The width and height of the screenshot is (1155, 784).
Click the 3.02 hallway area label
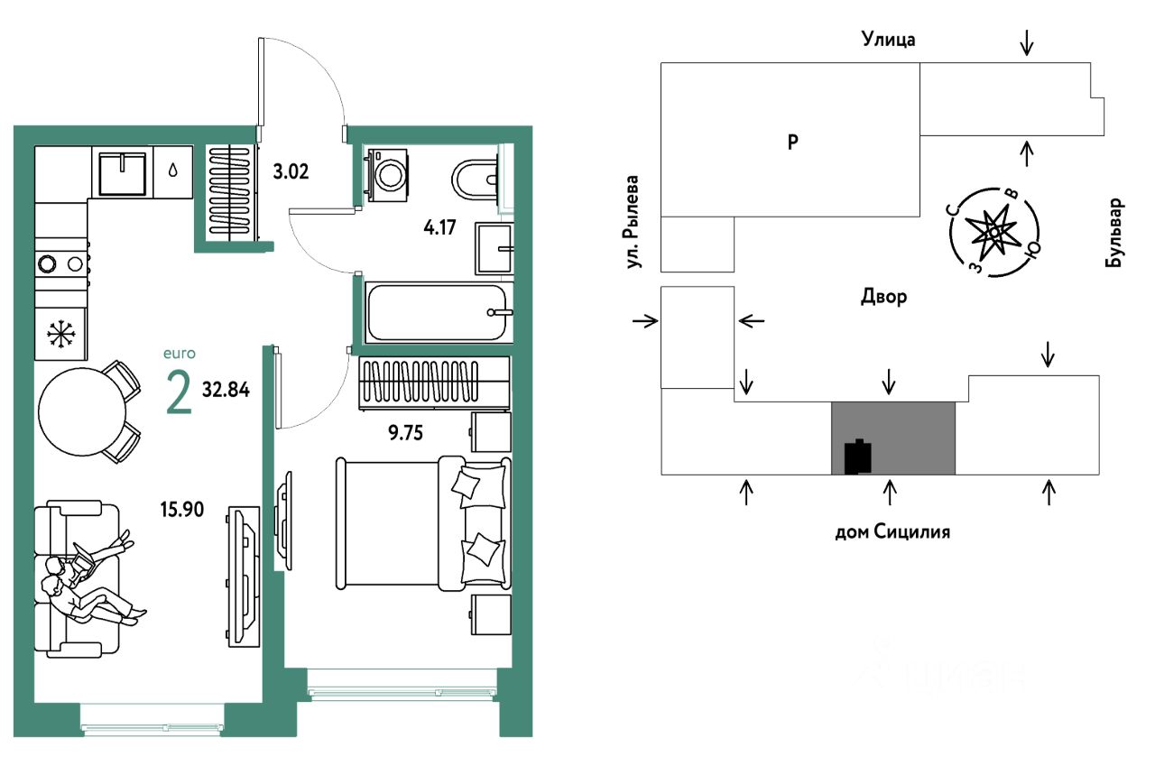click(291, 171)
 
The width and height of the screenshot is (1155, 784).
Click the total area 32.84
click(226, 392)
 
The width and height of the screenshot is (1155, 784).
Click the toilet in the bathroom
click(475, 180)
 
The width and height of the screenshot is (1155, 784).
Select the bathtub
click(438, 312)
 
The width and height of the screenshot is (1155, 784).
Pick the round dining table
click(83, 412)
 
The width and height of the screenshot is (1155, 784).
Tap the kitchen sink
click(122, 172)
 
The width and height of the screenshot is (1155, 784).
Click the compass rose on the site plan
click(993, 232)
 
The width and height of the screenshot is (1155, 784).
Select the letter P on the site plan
click(792, 142)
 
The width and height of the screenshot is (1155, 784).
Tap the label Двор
click(883, 297)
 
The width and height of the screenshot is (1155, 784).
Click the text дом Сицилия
click(892, 532)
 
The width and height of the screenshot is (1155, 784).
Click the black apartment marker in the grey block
click(857, 457)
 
